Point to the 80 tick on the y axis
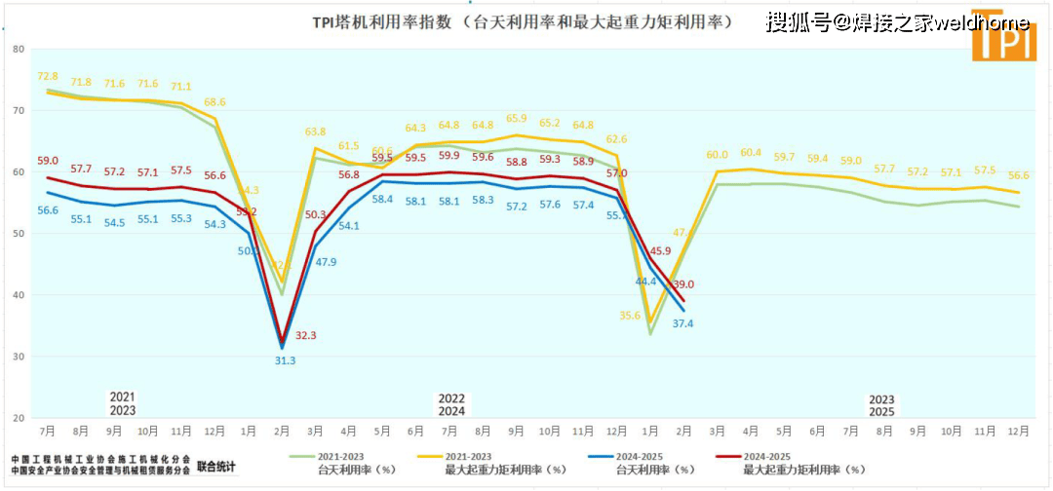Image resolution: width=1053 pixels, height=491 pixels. [x=17, y=49]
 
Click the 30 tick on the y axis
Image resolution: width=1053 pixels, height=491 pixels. [x=17, y=357]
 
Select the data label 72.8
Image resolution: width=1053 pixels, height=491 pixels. [x=48, y=76]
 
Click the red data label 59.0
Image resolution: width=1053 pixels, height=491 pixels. [x=48, y=161]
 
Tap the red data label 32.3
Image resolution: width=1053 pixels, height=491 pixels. [x=305, y=335]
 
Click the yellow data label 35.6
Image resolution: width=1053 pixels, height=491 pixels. [x=630, y=315]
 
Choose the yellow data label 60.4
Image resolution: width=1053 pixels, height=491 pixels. [x=751, y=153]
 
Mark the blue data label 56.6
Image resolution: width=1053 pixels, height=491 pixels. [x=48, y=210]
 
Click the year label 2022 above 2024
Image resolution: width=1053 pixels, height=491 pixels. [x=451, y=398]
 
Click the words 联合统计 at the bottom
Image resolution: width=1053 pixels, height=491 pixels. [x=216, y=467]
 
